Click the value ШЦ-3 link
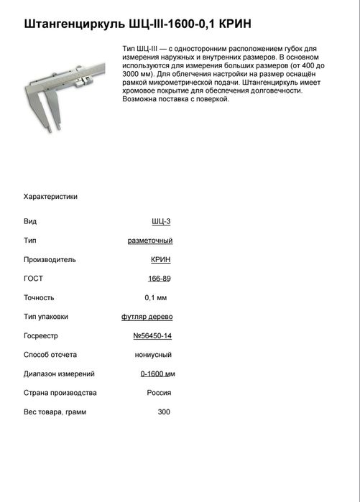(162, 221)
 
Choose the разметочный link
(149, 240)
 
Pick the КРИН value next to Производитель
(161, 259)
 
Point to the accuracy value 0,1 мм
(156, 297)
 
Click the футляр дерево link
(147, 316)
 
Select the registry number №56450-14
(152, 335)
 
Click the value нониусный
(153, 354)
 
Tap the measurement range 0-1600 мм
(157, 373)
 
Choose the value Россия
(159, 393)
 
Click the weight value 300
(164, 412)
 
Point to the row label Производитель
(50, 259)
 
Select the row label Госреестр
(40, 335)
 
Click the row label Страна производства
(60, 393)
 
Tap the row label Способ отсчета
(50, 354)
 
